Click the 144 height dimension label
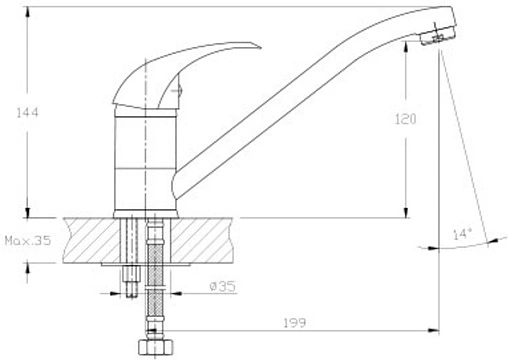point(28,113)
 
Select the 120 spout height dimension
point(406,119)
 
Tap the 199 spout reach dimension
point(295,323)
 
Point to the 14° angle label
point(463,234)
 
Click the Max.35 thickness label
point(28,240)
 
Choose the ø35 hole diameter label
point(223,286)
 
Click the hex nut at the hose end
point(156,347)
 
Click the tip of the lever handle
point(260,47)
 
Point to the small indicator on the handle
point(177,90)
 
